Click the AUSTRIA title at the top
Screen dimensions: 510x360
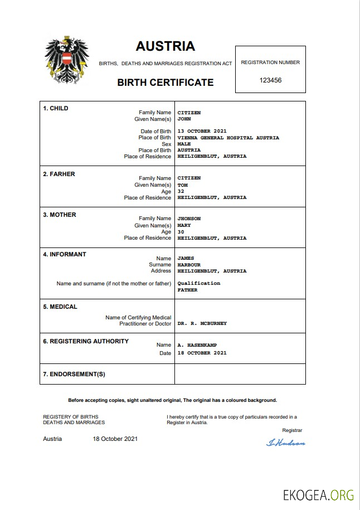tap(166, 46)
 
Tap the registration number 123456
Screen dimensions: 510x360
tap(270, 80)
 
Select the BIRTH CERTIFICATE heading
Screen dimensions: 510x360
tap(166, 82)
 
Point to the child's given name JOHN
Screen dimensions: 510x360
tap(184, 119)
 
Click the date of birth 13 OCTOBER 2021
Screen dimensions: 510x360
tap(202, 132)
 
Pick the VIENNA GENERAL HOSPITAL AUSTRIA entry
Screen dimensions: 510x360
tap(228, 138)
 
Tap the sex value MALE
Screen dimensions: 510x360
tap(184, 144)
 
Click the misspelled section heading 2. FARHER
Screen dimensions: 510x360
tap(59, 174)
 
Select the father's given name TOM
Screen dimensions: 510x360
tap(182, 185)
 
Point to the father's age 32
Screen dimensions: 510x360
tap(181, 191)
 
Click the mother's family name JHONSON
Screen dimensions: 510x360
tap(189, 218)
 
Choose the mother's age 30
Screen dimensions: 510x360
tap(181, 232)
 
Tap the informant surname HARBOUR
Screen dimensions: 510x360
tap(189, 265)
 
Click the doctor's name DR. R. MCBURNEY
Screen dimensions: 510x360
tap(202, 323)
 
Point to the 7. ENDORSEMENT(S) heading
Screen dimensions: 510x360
tap(74, 374)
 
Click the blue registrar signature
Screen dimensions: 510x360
tap(286, 443)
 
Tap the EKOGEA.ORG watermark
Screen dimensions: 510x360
tap(318, 494)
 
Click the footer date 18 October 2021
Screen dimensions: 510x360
tap(115, 439)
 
